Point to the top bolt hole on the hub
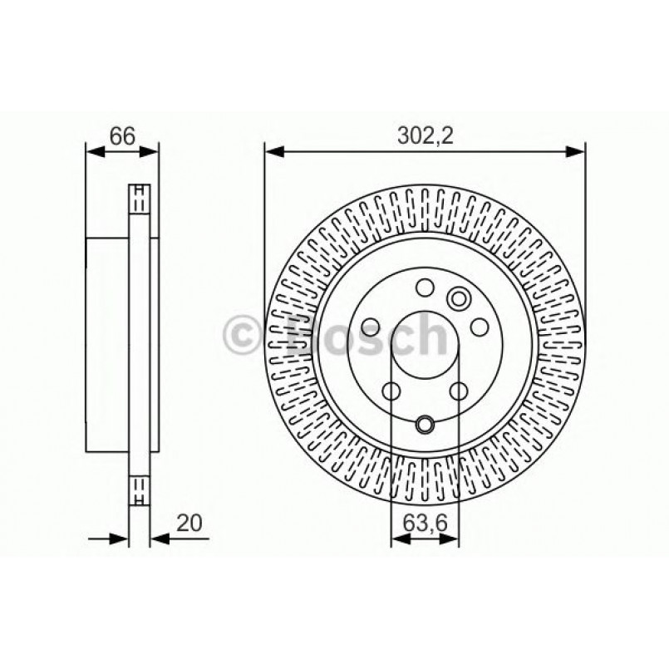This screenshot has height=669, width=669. [x=425, y=288]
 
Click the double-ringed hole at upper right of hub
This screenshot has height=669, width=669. [x=458, y=298]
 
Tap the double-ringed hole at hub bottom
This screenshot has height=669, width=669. [x=425, y=425]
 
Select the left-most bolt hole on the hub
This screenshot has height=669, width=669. [x=371, y=327]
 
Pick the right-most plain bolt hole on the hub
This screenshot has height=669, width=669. [x=479, y=327]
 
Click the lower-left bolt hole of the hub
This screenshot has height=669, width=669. [x=391, y=391]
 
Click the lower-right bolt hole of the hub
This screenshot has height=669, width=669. [x=459, y=391]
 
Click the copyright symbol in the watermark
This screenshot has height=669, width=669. [x=243, y=336]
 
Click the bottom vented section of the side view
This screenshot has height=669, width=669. [x=140, y=487]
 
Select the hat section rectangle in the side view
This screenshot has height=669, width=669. [x=108, y=342]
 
